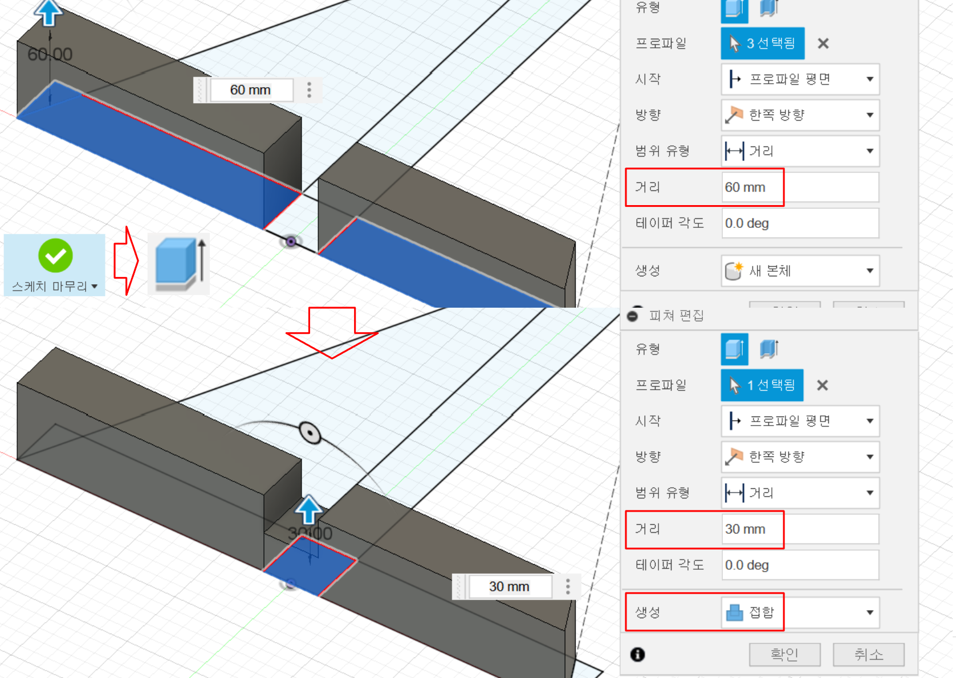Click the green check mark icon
coord(55,256)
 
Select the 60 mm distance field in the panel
coord(799,187)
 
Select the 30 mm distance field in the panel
coord(799,529)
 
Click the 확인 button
coord(784,654)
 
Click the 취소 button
coord(868,654)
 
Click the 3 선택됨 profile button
coord(763,43)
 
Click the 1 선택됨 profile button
coord(762,385)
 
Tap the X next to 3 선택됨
coord(823,43)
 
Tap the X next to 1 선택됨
coord(822,385)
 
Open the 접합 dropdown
coord(800,612)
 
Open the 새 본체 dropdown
coord(800,271)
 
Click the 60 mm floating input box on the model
coord(251,90)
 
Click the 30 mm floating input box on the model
coord(509,587)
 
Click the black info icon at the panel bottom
coord(637,655)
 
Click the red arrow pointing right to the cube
coord(126,261)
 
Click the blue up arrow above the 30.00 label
coord(309,509)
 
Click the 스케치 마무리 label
coord(50,286)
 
